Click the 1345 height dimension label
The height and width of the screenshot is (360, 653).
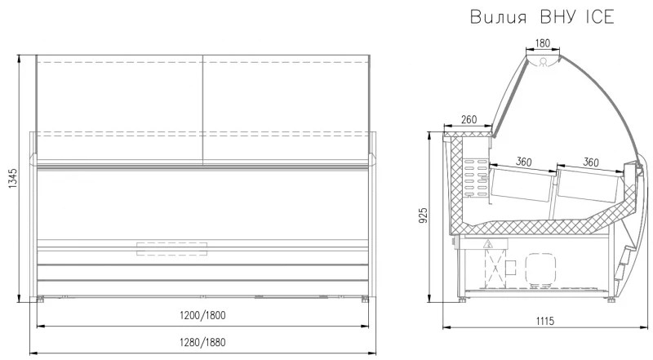click(12, 178)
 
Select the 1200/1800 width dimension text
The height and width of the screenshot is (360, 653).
click(202, 315)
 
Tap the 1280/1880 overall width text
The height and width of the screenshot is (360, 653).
click(202, 343)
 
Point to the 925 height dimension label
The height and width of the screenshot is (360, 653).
click(423, 216)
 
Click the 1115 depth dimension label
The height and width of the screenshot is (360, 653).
click(545, 321)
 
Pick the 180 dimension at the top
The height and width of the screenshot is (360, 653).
click(542, 43)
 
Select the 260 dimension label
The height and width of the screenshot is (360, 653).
click(469, 119)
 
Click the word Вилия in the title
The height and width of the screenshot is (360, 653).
click(499, 17)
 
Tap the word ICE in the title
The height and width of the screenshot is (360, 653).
click(600, 17)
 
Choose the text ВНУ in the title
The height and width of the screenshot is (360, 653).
click(558, 17)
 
